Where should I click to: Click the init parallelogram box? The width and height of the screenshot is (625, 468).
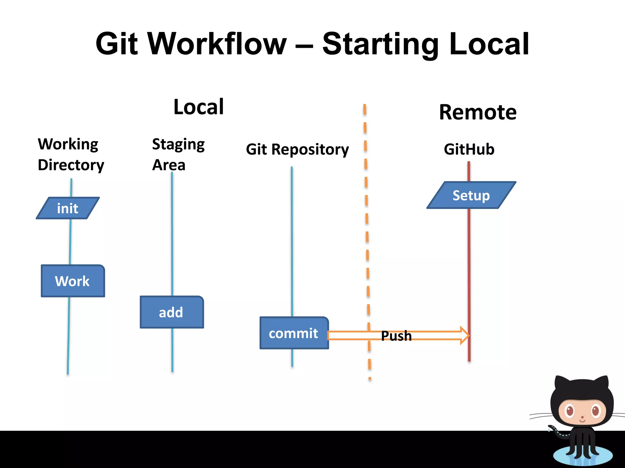(x=68, y=208)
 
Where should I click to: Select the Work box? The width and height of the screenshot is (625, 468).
(x=73, y=281)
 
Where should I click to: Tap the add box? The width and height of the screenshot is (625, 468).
(x=172, y=312)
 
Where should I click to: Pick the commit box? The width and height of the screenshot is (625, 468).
(x=294, y=333)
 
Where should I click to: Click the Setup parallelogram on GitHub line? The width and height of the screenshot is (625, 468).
(x=471, y=195)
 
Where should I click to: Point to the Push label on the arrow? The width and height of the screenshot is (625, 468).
(x=396, y=336)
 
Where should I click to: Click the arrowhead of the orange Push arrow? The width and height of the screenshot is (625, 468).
(x=464, y=335)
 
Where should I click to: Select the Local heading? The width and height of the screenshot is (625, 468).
(x=199, y=107)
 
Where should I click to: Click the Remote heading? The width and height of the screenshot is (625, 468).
(x=478, y=112)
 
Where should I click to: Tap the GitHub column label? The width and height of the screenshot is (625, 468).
(x=469, y=149)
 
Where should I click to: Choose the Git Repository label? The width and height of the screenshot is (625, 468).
(x=297, y=149)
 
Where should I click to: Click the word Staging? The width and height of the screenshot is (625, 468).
(x=178, y=144)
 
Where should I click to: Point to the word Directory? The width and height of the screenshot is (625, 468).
(x=71, y=165)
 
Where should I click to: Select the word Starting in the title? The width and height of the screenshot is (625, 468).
(x=380, y=44)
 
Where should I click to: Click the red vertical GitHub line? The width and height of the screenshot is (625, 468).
(x=469, y=274)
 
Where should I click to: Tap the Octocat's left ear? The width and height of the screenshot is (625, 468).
(x=561, y=385)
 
